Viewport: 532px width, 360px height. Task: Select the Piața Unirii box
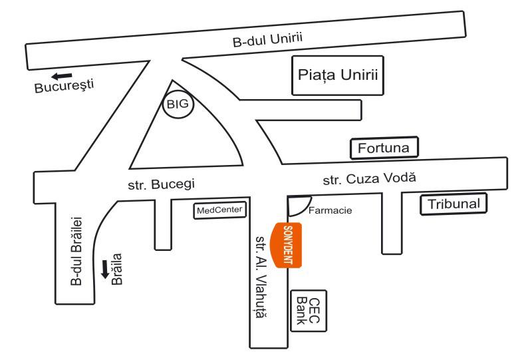[338, 75]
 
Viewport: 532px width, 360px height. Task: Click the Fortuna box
[384, 148]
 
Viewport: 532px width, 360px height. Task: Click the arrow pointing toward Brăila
[105, 269]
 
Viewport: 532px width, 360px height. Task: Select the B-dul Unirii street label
[268, 41]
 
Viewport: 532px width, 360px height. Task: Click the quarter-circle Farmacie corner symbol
[297, 204]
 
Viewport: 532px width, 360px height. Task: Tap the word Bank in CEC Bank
[300, 311]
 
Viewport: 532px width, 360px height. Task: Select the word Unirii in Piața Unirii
[360, 75]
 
